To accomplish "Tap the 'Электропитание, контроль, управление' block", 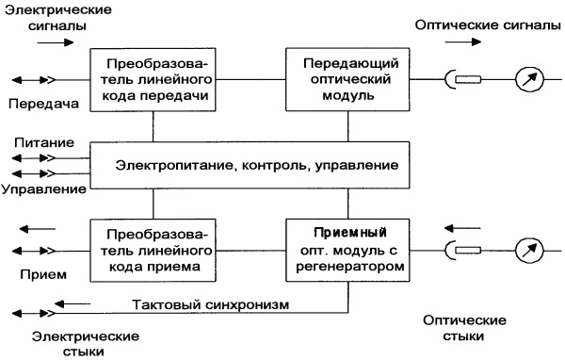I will (250, 166).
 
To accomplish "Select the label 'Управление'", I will (42, 189).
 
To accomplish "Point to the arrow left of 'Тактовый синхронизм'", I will (76, 303).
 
